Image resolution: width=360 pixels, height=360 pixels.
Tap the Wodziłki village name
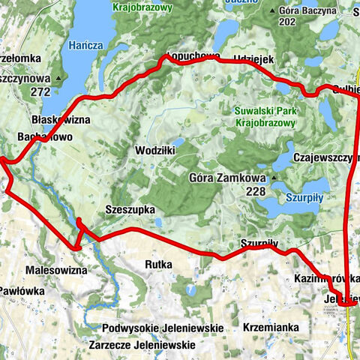click(155, 151)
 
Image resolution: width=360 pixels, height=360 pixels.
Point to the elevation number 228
click(256, 191)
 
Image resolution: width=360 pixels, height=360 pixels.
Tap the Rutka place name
click(159, 265)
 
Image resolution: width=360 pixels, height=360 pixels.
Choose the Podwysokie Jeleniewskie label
click(163, 328)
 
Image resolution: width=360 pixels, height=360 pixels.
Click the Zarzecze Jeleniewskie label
click(142, 345)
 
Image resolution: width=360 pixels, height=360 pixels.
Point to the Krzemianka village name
click(271, 328)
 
